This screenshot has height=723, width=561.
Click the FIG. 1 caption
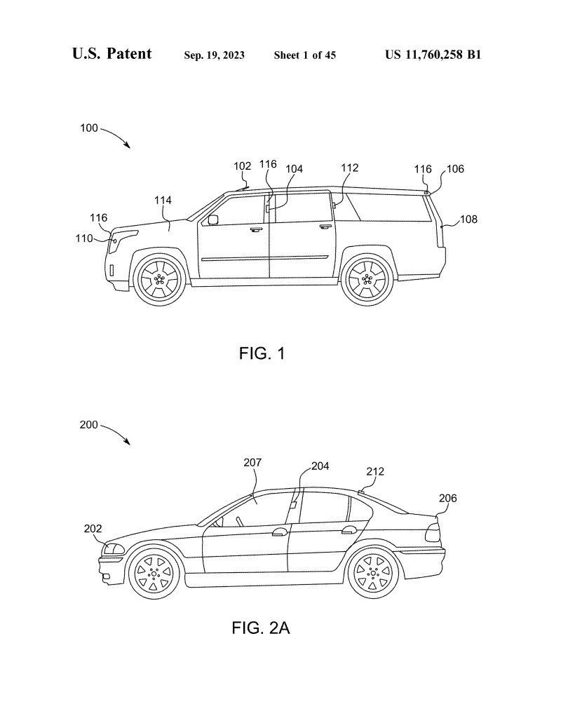(261, 353)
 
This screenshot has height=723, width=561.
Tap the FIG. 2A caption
(260, 628)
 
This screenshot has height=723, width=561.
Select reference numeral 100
(89, 128)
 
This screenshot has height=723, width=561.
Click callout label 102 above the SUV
(243, 166)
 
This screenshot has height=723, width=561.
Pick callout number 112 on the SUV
(350, 168)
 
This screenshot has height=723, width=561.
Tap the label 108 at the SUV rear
(468, 219)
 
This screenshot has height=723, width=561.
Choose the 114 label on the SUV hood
(163, 201)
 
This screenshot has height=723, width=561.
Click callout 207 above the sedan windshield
(253, 463)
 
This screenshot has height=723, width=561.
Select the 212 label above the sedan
(375, 472)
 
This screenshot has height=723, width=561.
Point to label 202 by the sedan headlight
(93, 529)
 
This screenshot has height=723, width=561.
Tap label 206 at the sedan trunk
(447, 499)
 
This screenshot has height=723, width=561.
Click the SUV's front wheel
(158, 279)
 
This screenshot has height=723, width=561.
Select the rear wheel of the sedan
(374, 574)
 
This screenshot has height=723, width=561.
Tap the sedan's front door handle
(278, 533)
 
